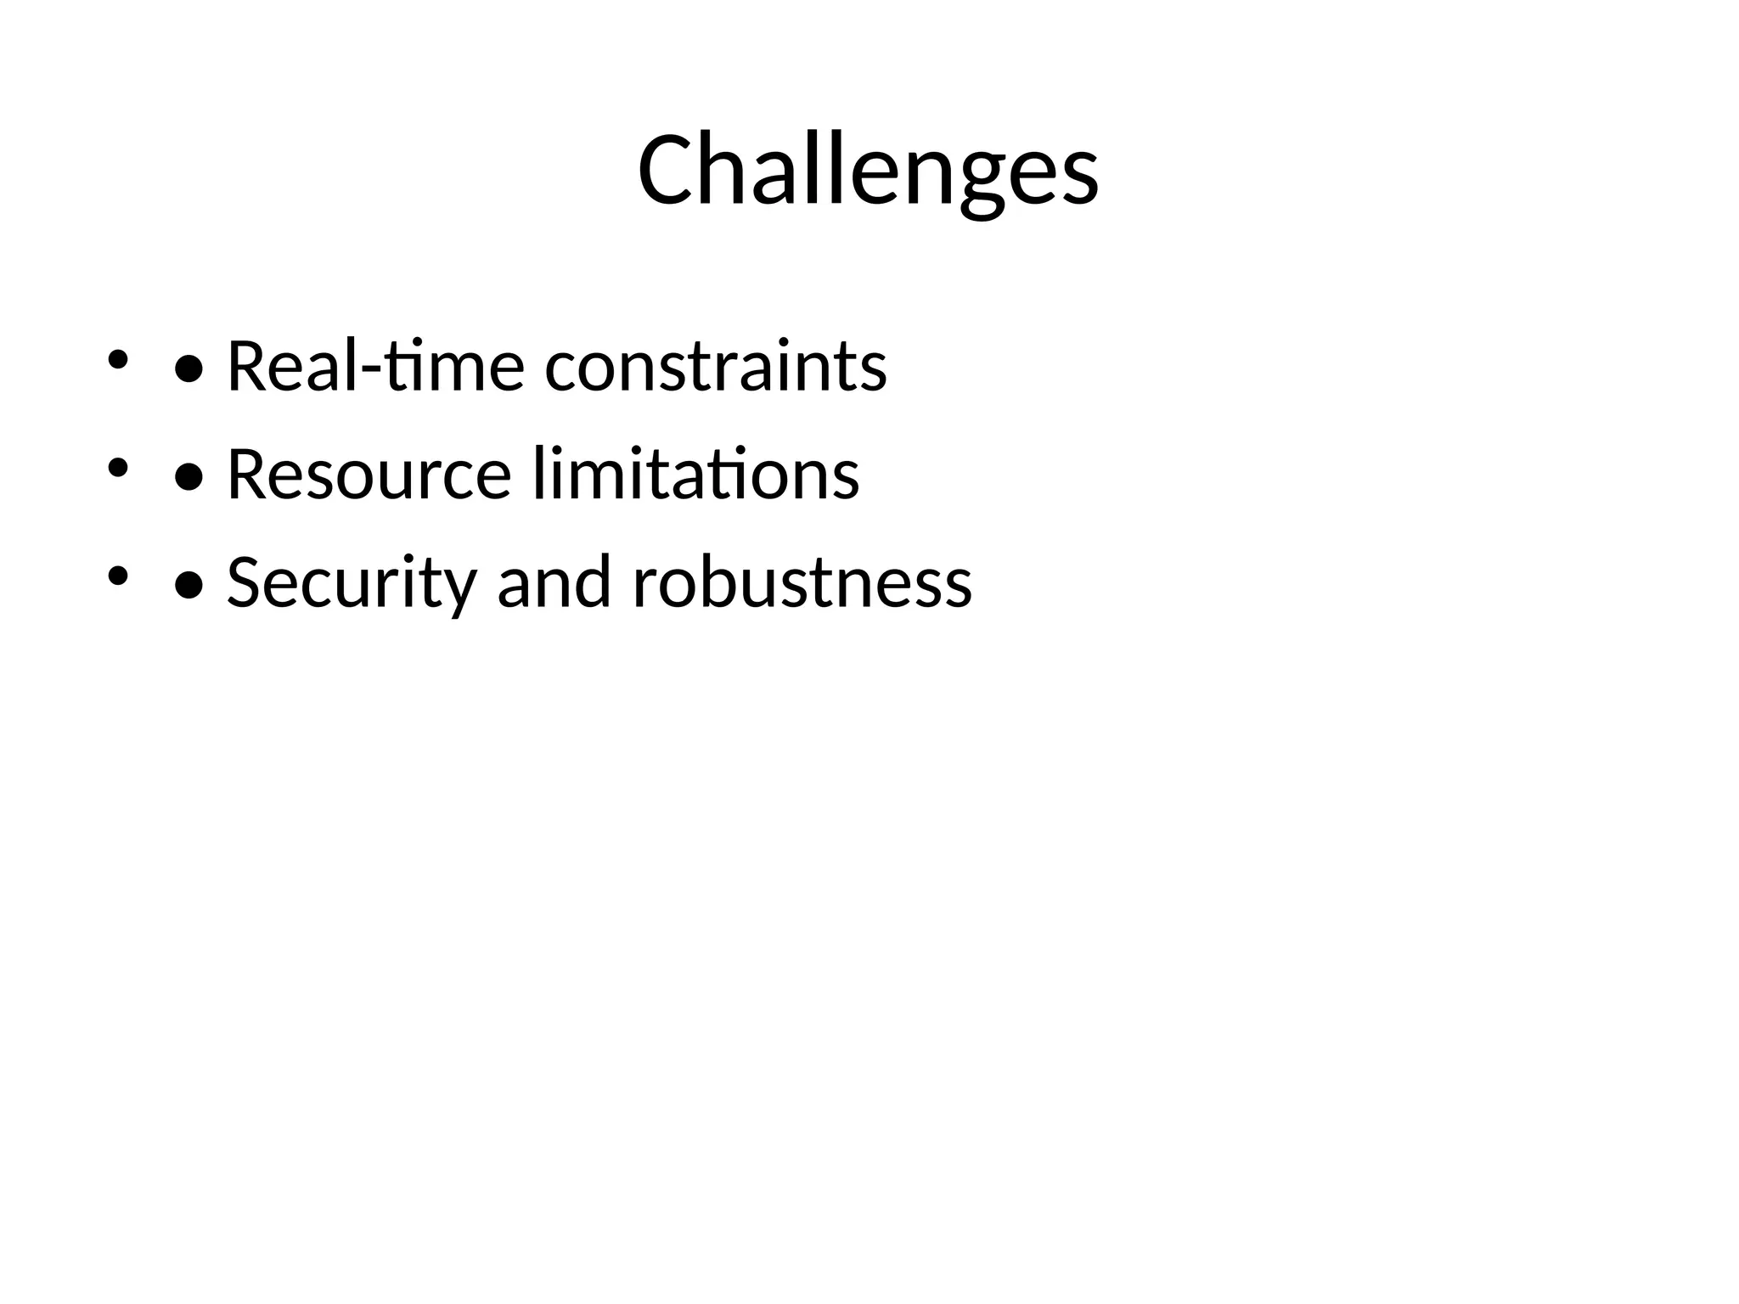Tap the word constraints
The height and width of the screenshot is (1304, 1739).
pos(715,367)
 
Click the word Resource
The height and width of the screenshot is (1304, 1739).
pos(369,474)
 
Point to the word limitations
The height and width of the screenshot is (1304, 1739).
pos(696,474)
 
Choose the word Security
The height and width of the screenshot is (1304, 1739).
pos(351,582)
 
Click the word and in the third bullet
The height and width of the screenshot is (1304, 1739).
pos(554,582)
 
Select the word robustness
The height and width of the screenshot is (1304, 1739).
pos(802,582)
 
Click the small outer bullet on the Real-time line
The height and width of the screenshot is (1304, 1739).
pos(117,359)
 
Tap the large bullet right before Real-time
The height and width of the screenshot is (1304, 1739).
pos(188,369)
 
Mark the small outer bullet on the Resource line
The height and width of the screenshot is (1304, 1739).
pos(117,467)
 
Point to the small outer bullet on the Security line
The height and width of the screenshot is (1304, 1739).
pos(117,576)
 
